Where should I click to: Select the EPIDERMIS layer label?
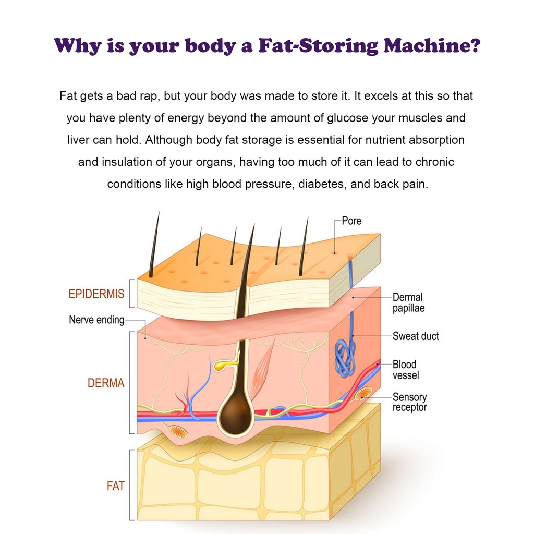(96, 294)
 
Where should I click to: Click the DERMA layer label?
(106, 383)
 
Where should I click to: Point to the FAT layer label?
(115, 486)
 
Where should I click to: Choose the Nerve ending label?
(96, 320)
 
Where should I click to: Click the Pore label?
(351, 221)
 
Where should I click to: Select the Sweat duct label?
(416, 336)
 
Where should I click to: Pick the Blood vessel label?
(405, 370)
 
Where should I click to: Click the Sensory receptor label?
(409, 402)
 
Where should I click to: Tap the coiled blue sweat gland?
(345, 358)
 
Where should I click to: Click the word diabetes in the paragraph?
(322, 185)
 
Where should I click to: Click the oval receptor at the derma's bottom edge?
(178, 431)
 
